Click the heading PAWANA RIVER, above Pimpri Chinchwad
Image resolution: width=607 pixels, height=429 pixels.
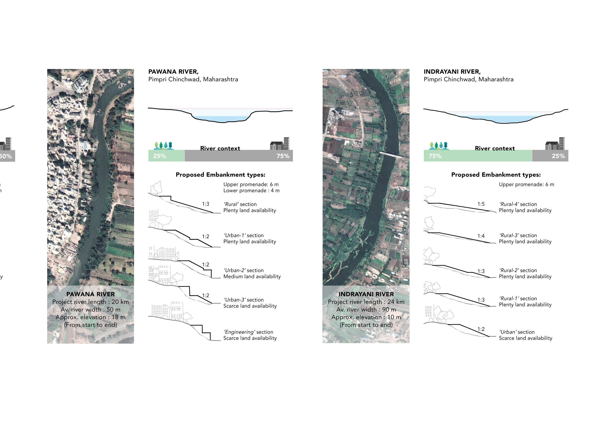(173, 72)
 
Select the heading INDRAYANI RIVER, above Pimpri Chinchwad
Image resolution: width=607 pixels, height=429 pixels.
(452, 72)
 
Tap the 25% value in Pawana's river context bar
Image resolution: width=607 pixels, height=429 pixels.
(159, 156)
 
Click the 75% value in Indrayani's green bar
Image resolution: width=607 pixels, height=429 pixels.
(435, 156)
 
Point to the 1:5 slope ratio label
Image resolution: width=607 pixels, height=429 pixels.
(481, 204)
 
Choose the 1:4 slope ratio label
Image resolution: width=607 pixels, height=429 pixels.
(481, 236)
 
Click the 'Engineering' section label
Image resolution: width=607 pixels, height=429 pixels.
(248, 332)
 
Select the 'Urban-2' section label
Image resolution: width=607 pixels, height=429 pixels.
(243, 270)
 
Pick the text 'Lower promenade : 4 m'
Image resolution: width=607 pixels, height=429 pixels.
(251, 191)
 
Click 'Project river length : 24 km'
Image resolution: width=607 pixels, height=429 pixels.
(366, 302)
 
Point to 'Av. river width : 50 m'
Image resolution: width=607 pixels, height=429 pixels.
(90, 309)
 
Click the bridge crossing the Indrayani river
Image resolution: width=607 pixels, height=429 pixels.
(391, 155)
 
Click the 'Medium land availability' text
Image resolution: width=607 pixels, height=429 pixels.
(252, 276)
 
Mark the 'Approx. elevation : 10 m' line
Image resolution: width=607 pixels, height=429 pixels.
(366, 317)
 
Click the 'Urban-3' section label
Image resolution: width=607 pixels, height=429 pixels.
(243, 300)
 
